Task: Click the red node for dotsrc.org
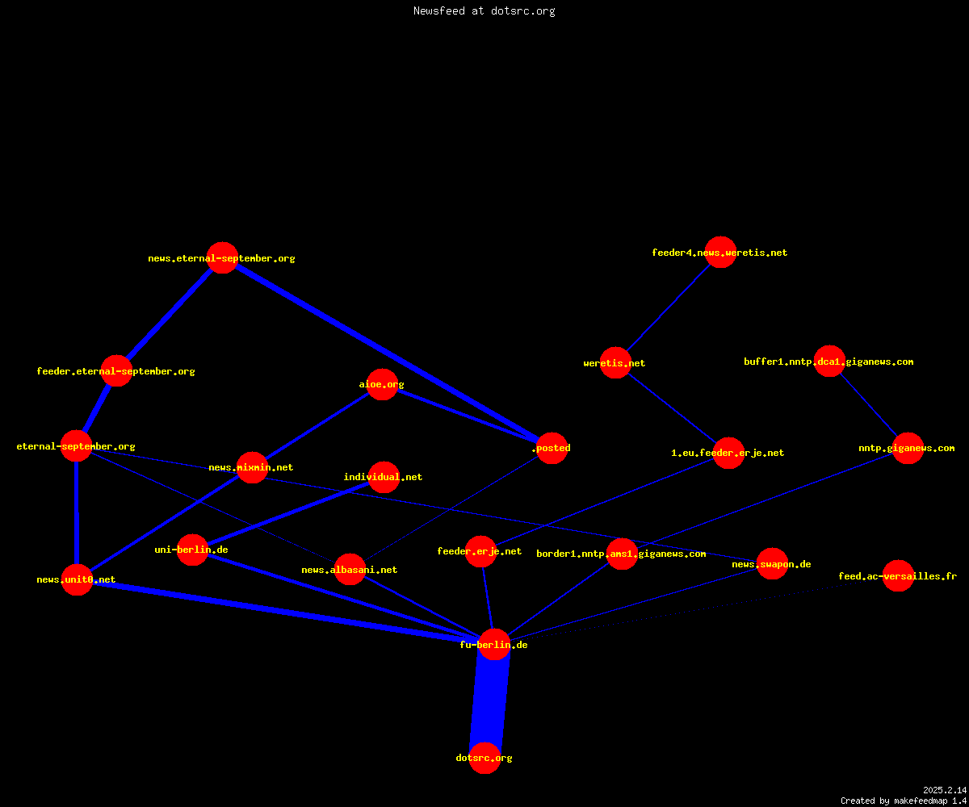click(x=484, y=758)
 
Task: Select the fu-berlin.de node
click(x=495, y=644)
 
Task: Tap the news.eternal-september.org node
click(x=222, y=258)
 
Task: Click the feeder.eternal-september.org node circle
click(x=116, y=370)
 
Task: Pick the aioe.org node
click(x=383, y=384)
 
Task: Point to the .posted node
click(x=552, y=448)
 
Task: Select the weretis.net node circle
click(x=615, y=362)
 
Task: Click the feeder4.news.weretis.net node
click(x=721, y=253)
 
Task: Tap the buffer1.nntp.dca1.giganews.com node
click(x=829, y=361)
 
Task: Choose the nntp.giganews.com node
click(x=908, y=448)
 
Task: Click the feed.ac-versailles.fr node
click(x=898, y=575)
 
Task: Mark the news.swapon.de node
click(x=772, y=564)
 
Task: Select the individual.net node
click(x=384, y=477)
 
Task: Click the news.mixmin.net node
click(x=252, y=467)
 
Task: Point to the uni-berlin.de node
click(x=193, y=550)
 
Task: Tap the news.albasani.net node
click(x=350, y=569)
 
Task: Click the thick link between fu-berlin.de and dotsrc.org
click(x=489, y=700)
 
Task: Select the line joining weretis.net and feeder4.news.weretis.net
click(x=669, y=307)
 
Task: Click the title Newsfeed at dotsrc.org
click(x=484, y=10)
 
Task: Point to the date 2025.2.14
click(x=945, y=790)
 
